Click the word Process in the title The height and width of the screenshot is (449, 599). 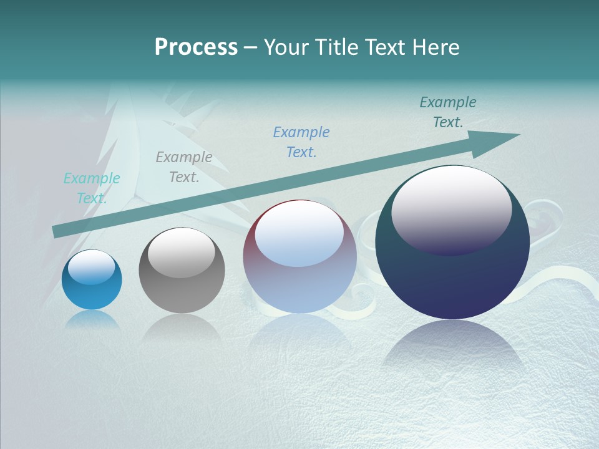pyautogui.click(x=196, y=47)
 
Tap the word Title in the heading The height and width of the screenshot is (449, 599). pyautogui.click(x=337, y=47)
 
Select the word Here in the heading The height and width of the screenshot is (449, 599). pyautogui.click(x=436, y=47)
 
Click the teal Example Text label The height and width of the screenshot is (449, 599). pyautogui.click(x=92, y=188)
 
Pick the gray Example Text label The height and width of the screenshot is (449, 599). pyautogui.click(x=184, y=167)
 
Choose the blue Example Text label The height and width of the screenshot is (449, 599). pyautogui.click(x=301, y=142)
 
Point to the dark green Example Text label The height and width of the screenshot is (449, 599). pyautogui.click(x=448, y=112)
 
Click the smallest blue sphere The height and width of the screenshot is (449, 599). pyautogui.click(x=92, y=280)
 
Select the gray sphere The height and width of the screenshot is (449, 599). pyautogui.click(x=182, y=271)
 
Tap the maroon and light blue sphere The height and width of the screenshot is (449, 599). pyautogui.click(x=299, y=256)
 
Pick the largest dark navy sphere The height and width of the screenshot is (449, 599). pyautogui.click(x=452, y=243)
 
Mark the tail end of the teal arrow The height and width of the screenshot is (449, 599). pyautogui.click(x=56, y=231)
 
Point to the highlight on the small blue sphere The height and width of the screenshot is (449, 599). pyautogui.click(x=91, y=267)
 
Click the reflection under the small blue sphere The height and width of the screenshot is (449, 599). pyautogui.click(x=92, y=319)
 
